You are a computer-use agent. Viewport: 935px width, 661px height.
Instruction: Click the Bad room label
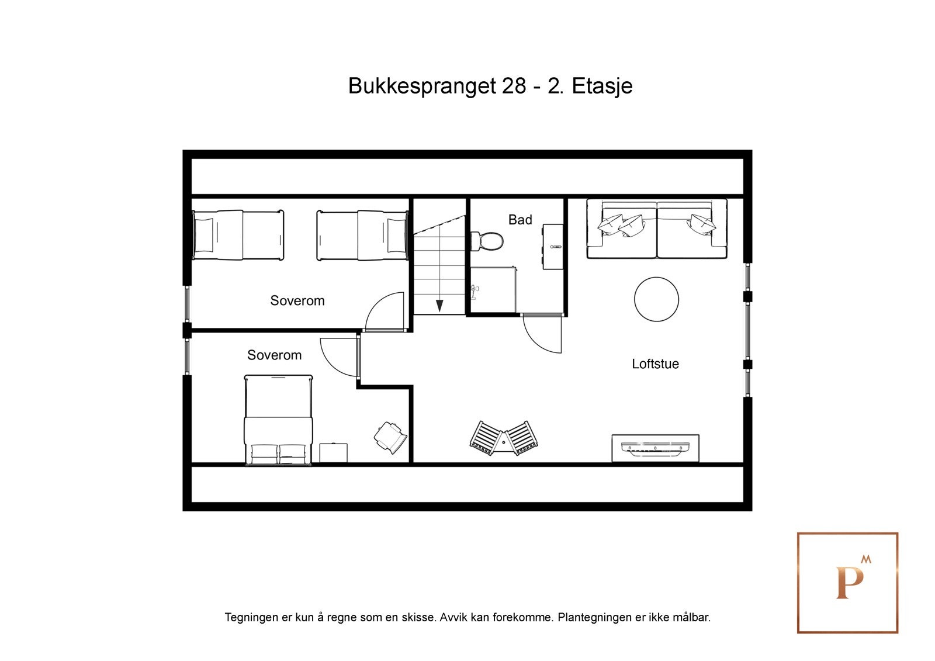[x=520, y=220]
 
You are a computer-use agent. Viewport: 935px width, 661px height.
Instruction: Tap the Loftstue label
[x=655, y=364]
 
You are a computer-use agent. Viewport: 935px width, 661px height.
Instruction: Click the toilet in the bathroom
[x=488, y=241]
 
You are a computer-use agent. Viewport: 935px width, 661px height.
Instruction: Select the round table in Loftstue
[x=656, y=299]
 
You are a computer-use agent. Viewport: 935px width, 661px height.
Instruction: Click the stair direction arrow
[x=439, y=306]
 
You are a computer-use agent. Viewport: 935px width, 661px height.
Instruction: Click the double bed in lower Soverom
[x=278, y=420]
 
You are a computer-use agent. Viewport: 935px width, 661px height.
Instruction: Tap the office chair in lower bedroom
[x=390, y=436]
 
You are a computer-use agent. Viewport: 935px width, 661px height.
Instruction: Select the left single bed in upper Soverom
[x=238, y=235]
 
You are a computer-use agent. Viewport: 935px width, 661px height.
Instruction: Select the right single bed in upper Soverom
[x=362, y=235]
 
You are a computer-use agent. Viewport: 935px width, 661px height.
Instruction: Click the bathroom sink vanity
[x=553, y=247]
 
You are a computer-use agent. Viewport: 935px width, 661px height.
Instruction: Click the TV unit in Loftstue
[x=655, y=448]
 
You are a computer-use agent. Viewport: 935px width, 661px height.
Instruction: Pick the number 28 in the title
[x=514, y=86]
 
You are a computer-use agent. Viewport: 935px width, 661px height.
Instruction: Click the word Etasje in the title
[x=602, y=86]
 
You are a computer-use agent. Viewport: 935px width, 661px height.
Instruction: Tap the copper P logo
[x=847, y=583]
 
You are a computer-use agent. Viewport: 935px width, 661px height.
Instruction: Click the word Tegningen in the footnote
[x=252, y=617]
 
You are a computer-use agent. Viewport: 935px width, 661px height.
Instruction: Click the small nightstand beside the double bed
[x=333, y=453]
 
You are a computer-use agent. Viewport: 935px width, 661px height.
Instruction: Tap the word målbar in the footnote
[x=694, y=617]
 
